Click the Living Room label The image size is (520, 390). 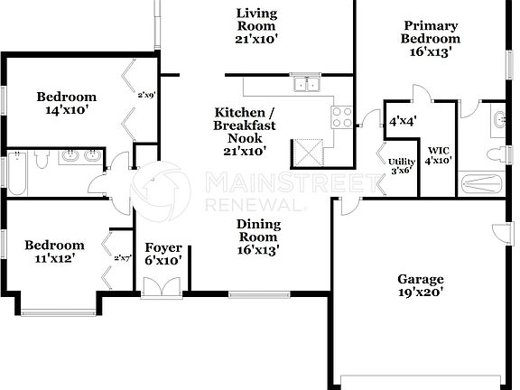[x=256, y=26]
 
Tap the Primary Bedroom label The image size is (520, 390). [x=432, y=39]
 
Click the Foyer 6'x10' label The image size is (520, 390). [x=163, y=254]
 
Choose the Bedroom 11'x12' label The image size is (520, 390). [x=54, y=251]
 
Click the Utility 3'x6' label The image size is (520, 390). [x=402, y=166]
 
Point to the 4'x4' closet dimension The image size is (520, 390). [x=402, y=121]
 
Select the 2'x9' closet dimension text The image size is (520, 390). [x=146, y=94]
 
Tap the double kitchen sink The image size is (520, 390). [x=308, y=86]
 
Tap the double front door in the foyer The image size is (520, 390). [x=163, y=285]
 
